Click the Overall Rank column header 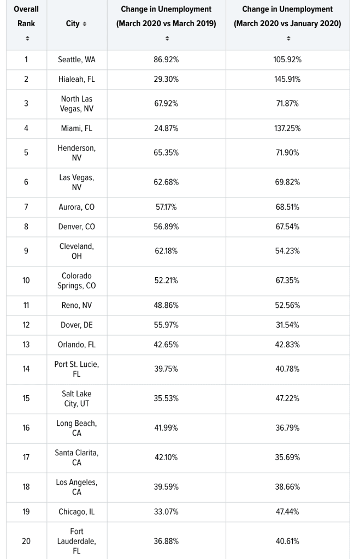coord(26,16)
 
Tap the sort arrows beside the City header coord(84,25)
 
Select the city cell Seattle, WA coord(76,60)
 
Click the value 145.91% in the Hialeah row coord(287,79)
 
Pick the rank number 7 coord(26,207)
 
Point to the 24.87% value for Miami coord(166,128)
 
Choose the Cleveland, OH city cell coord(76,251)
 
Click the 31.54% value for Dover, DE coord(287,325)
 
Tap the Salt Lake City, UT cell coord(76,399)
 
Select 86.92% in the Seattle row coord(166,60)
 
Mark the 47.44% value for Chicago coord(287,512)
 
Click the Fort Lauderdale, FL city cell coord(76,541)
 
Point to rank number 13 coord(26,344)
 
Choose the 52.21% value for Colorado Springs coord(166,281)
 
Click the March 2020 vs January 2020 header coord(287,16)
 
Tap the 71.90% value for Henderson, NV coord(287,153)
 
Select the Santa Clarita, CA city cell coord(76,457)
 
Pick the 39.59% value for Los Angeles coord(166,486)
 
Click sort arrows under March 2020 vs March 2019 coord(167,38)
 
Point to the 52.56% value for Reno coord(287,305)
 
